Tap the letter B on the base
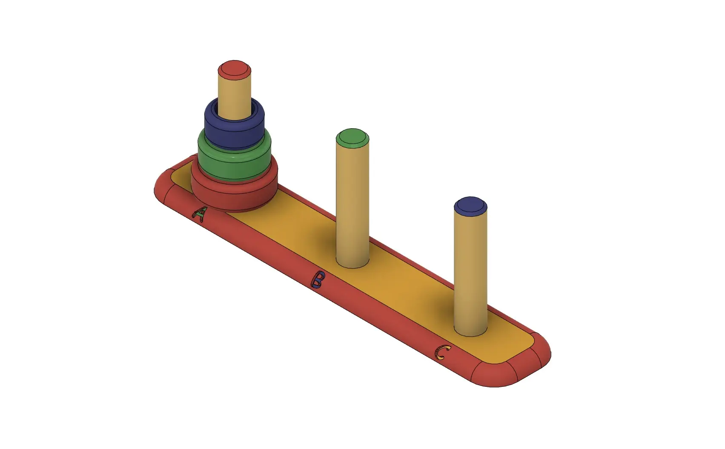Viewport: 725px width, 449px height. point(318,279)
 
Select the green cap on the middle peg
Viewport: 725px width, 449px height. point(352,138)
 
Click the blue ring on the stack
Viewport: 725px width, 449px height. point(234,128)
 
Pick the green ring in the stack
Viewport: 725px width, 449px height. point(234,162)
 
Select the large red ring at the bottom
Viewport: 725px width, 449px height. point(234,194)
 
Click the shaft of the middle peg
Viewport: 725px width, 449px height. point(352,204)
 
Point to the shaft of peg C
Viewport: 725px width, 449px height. point(470,273)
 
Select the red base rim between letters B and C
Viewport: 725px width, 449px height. point(379,317)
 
